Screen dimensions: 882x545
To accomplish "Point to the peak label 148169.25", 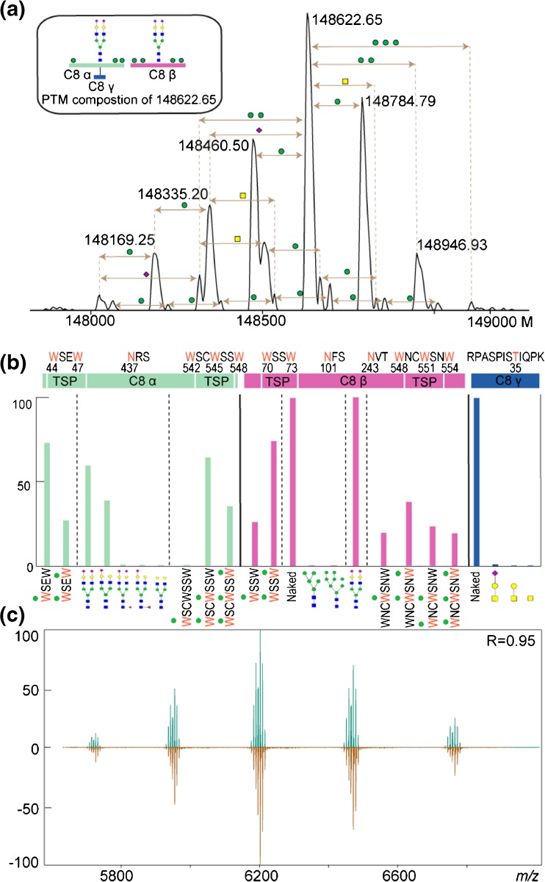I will tap(120, 239).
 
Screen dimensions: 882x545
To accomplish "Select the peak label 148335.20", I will tap(173, 195).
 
